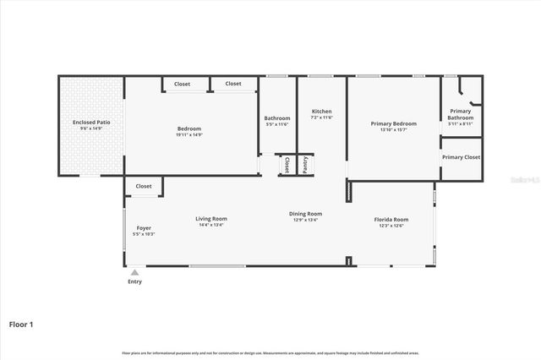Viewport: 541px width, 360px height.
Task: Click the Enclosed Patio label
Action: pyautogui.click(x=90, y=123)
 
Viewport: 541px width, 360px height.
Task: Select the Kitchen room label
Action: pyautogui.click(x=321, y=112)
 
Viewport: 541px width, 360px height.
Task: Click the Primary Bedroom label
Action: pyautogui.click(x=394, y=123)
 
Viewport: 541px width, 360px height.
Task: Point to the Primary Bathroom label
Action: pyautogui.click(x=461, y=114)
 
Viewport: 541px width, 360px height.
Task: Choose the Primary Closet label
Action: pyautogui.click(x=461, y=157)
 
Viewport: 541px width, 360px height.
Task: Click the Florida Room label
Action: pyautogui.click(x=391, y=220)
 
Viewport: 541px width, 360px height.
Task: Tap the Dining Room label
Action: pyautogui.click(x=307, y=214)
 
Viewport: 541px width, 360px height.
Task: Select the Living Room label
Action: pyautogui.click(x=212, y=219)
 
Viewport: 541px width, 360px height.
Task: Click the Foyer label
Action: pyautogui.click(x=143, y=228)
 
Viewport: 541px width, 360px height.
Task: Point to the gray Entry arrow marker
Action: pyautogui.click(x=134, y=272)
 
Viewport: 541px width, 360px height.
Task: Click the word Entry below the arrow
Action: pyautogui.click(x=135, y=281)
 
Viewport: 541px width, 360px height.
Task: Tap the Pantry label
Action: pyautogui.click(x=305, y=164)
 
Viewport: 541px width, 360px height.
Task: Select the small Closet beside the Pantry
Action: pyautogui.click(x=287, y=164)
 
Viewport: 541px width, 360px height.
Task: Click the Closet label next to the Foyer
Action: pyautogui.click(x=144, y=186)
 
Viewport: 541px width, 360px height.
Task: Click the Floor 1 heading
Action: pyautogui.click(x=20, y=324)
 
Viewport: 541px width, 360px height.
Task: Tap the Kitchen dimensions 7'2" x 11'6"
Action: pyautogui.click(x=321, y=117)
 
